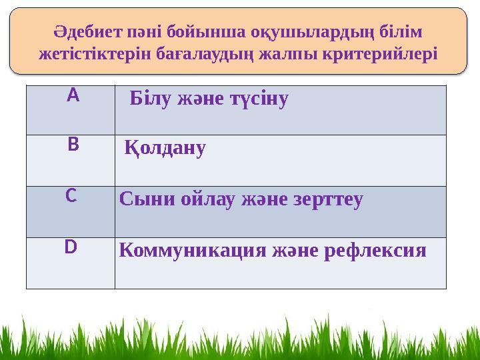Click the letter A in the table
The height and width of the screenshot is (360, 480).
[73, 96]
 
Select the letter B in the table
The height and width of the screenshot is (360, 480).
[73, 144]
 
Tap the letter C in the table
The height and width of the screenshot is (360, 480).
[71, 196]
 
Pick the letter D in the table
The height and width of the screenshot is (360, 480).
[71, 247]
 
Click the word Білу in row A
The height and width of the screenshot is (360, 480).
[151, 99]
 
